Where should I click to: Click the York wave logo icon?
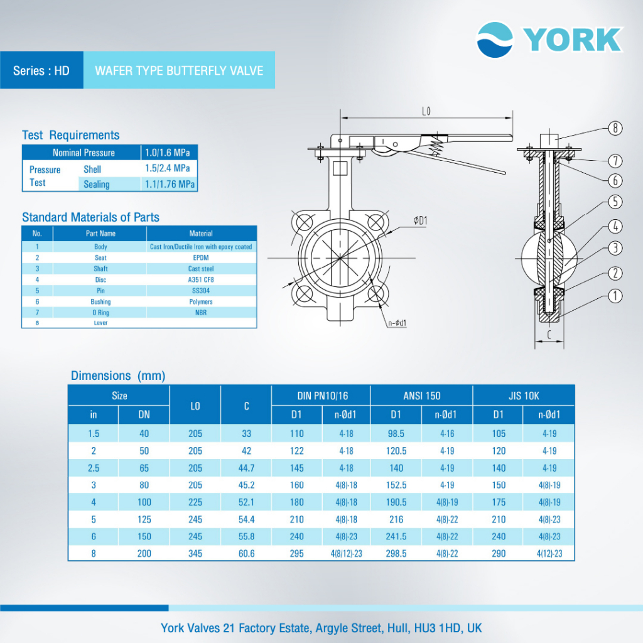pos(495,40)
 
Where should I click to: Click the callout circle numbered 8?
pos(615,128)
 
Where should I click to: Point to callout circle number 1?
pos(615,296)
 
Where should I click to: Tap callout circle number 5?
pos(615,202)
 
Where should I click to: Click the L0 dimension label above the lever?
pos(426,111)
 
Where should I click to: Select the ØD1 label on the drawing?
pos(420,220)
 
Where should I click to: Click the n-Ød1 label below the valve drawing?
pos(397,323)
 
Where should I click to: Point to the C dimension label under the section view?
pos(549,335)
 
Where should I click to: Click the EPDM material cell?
pos(201,257)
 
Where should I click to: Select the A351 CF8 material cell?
pos(201,279)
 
